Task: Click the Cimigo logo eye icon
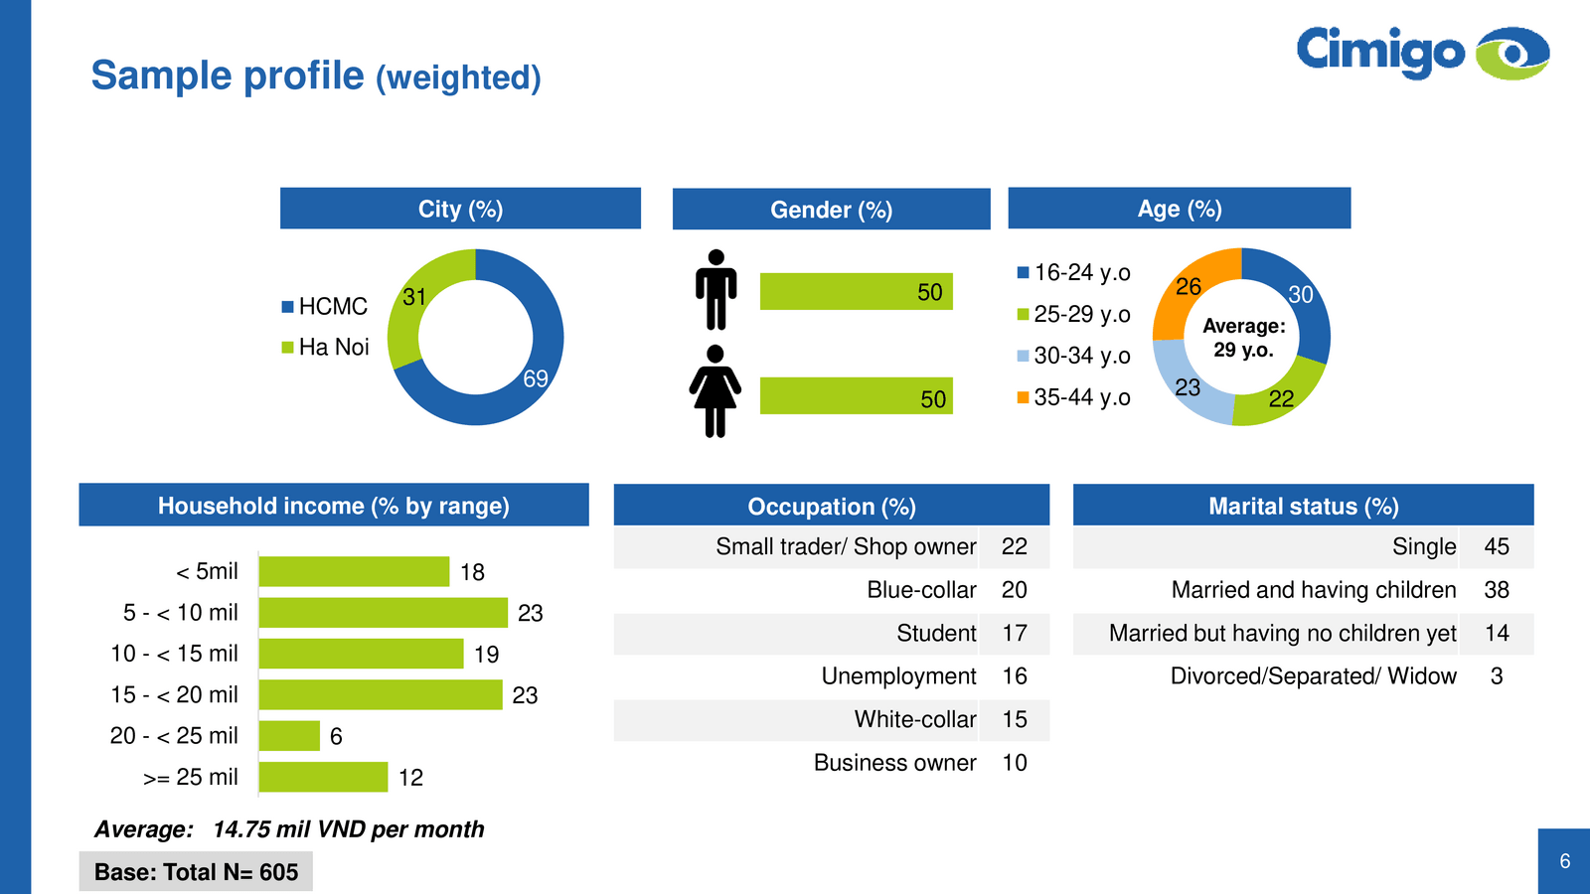pos(1511,53)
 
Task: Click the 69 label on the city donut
pos(536,378)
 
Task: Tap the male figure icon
pos(715,290)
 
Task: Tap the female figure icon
pos(715,391)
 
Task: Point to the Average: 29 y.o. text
pos(1243,338)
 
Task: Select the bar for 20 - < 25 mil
pos(289,736)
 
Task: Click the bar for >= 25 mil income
pos(323,777)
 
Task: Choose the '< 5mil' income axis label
pos(207,572)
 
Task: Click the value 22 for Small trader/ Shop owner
pos(1014,547)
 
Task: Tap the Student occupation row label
pos(936,634)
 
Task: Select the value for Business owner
pos(1014,763)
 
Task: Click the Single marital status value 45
pos(1497,547)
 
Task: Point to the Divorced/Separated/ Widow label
pos(1313,676)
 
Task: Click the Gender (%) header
pos(831,210)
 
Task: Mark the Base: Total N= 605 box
pos(196,872)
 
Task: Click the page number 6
pos(1565,861)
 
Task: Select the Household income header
pos(333,506)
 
